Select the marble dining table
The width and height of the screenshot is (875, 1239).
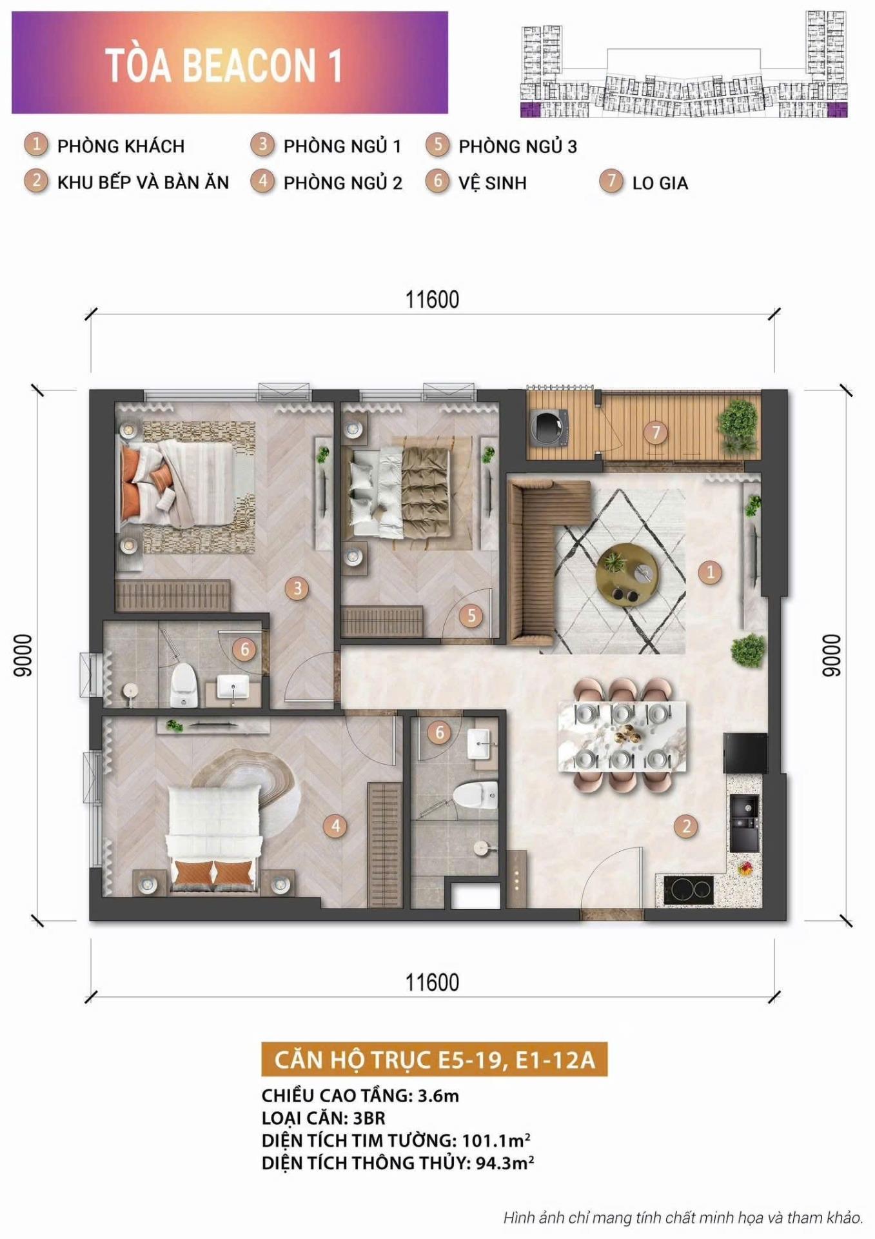[x=622, y=736]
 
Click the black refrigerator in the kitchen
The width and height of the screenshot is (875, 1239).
[x=745, y=753]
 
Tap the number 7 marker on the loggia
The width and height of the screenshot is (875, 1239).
[x=656, y=432]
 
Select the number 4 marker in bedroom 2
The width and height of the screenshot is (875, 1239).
[x=335, y=825]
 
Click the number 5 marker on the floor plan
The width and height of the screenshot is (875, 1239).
[x=471, y=616]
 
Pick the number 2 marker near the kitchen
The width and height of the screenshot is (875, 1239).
[x=686, y=826]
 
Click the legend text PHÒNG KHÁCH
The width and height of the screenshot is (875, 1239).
[x=121, y=146]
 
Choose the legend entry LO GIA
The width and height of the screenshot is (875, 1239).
[x=660, y=183]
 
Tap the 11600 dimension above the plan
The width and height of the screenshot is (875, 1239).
[x=432, y=300]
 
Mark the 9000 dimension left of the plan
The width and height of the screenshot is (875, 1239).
[x=23, y=656]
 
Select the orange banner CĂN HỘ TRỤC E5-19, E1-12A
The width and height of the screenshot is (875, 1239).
[x=434, y=1060]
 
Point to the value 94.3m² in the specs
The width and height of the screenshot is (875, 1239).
[x=504, y=1163]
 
